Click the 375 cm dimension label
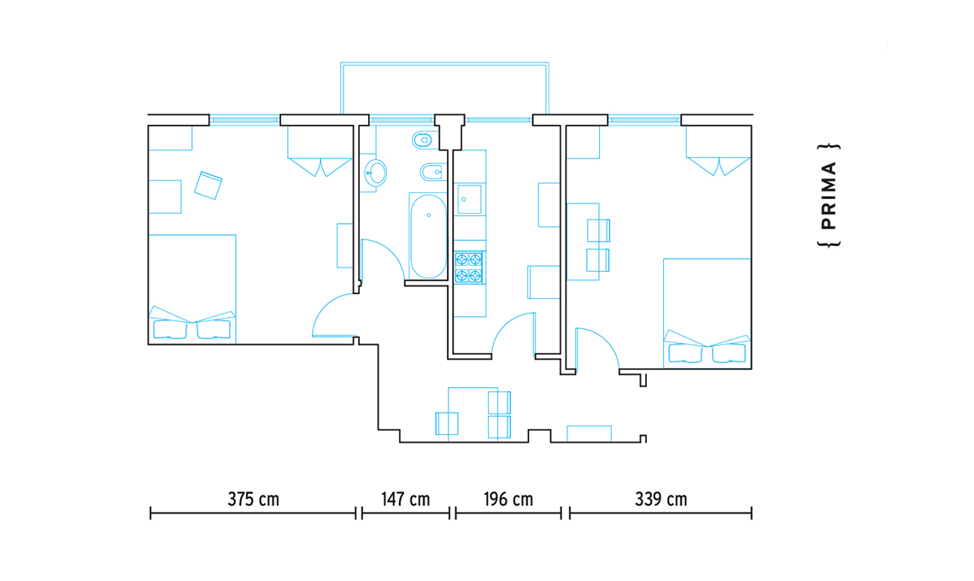click(x=254, y=500)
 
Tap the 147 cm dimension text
click(x=406, y=500)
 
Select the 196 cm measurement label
click(x=508, y=500)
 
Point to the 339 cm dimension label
click(x=661, y=500)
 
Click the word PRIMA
click(x=829, y=196)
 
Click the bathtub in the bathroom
click(x=428, y=236)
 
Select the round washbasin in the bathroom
click(x=375, y=173)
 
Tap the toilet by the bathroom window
click(x=423, y=140)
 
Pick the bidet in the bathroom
click(x=433, y=172)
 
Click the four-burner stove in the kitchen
click(x=468, y=267)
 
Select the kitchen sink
click(x=469, y=199)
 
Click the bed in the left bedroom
click(x=192, y=289)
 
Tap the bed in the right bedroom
click(x=707, y=314)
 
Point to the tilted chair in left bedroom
click(x=208, y=185)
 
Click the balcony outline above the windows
click(x=445, y=62)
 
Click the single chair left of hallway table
click(x=447, y=423)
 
